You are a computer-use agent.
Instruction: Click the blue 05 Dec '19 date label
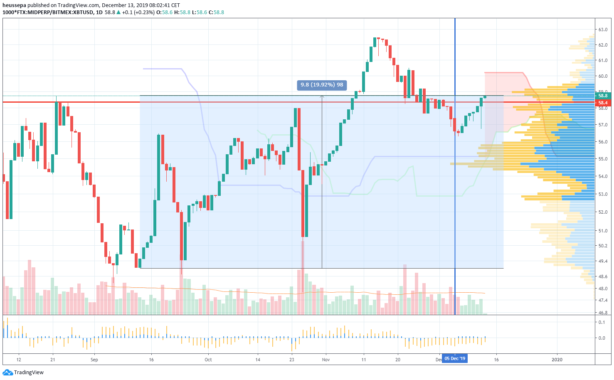tap(455, 358)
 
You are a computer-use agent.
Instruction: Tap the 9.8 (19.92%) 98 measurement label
tap(322, 85)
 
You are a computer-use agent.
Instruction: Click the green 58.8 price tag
tap(603, 96)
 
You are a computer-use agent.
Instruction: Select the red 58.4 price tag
tap(603, 103)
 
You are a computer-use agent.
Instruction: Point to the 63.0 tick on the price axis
tap(603, 30)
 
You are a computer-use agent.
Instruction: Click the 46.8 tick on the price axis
tap(603, 313)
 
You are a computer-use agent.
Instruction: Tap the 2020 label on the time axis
tap(557, 360)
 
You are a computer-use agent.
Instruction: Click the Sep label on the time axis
tap(94, 360)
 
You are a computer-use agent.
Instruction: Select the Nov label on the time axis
tap(325, 360)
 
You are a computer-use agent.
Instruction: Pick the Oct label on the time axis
tap(208, 360)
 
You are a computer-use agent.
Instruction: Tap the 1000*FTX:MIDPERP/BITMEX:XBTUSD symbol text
tap(48, 12)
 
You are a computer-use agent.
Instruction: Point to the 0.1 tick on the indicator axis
tap(602, 322)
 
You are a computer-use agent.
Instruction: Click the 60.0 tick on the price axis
tap(603, 76)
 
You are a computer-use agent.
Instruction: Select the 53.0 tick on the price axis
tap(603, 194)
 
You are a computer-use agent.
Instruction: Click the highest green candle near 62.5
tap(375, 42)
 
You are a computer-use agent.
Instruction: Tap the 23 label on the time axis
tap(292, 360)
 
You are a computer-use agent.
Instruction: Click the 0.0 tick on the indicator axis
tap(602, 338)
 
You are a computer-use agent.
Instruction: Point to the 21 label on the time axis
tap(52, 360)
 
